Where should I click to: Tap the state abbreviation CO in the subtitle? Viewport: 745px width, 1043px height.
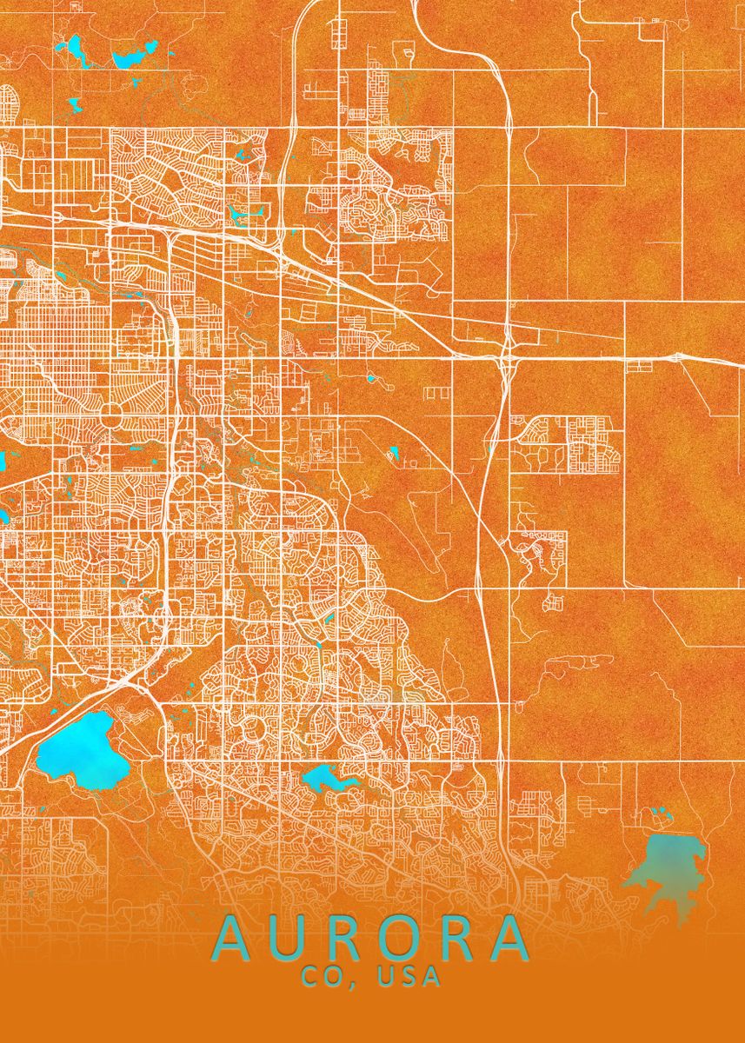click(x=320, y=977)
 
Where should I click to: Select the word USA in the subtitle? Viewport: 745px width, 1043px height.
click(x=409, y=977)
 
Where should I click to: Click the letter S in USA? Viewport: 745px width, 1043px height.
click(x=409, y=977)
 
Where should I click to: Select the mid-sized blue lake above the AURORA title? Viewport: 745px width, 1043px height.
click(x=326, y=778)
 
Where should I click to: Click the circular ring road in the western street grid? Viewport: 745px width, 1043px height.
click(x=113, y=411)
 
